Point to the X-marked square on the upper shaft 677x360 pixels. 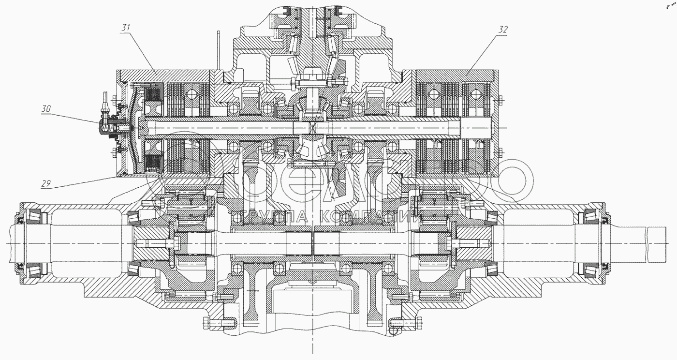pyautogui.click(x=312, y=129)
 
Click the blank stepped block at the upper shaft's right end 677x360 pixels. pyautogui.click(x=476, y=129)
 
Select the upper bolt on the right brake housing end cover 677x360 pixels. pyautogui.click(x=501, y=101)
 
